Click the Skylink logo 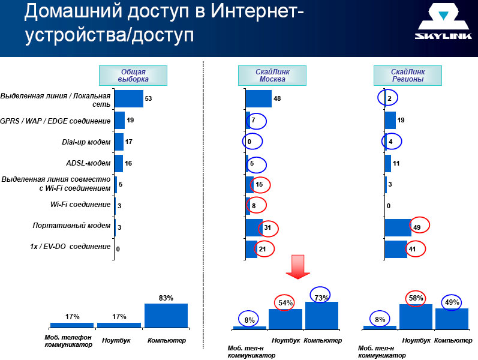pyautogui.click(x=443, y=22)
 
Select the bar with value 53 pyautogui.click(x=128, y=98)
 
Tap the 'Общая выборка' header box pyautogui.click(x=133, y=76)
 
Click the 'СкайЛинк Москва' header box pyautogui.click(x=272, y=76)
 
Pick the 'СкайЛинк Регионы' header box pyautogui.click(x=408, y=76)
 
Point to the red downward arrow pyautogui.click(x=298, y=266)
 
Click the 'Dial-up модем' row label pyautogui.click(x=86, y=142)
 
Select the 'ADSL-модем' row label pyautogui.click(x=88, y=163)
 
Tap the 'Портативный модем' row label pyautogui.click(x=71, y=226)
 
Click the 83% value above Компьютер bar pyautogui.click(x=166, y=298)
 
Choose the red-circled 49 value pyautogui.click(x=417, y=227)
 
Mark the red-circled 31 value pyautogui.click(x=267, y=227)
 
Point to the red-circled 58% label pyautogui.click(x=416, y=298)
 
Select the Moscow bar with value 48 pyautogui.click(x=258, y=98)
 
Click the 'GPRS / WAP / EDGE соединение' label pyautogui.click(x=55, y=121)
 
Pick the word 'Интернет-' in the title pyautogui.click(x=257, y=11)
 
